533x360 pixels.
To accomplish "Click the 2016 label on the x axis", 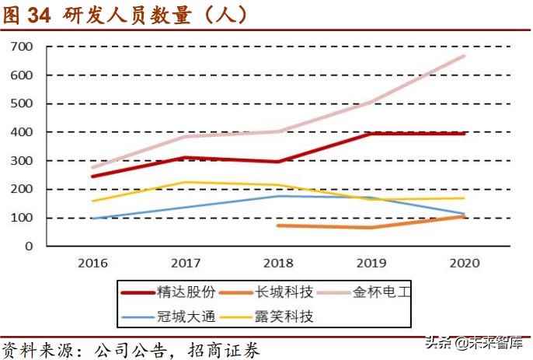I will [93, 262].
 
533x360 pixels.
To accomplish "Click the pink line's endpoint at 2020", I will [465, 56].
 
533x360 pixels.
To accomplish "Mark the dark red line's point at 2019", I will [371, 134].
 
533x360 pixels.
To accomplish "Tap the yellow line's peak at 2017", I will [186, 182].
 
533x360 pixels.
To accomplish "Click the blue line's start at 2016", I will [93, 218].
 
